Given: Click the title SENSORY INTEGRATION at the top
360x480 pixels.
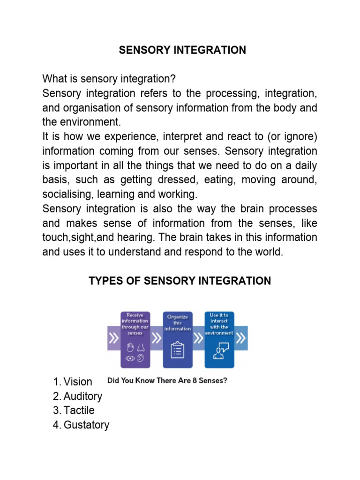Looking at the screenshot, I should pos(182,50).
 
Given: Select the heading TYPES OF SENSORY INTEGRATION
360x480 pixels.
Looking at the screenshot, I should pos(180,281).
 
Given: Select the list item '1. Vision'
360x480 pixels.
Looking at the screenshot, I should pos(73,382).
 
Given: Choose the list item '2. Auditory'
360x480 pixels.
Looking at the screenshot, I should pos(78,396).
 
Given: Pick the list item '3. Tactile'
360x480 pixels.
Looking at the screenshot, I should pos(74,411).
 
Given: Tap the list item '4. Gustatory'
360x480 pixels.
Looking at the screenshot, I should pos(81,425).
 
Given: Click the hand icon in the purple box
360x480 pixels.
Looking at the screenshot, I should pos(131,347).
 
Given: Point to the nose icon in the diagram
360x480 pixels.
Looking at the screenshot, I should pos(140,347).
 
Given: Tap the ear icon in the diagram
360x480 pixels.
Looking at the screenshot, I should pos(140,359).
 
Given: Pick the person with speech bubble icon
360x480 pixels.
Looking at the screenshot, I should pos(220,351).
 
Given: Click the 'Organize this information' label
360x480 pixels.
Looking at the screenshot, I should pos(178,322).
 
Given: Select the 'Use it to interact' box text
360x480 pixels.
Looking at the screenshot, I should pos(220,324).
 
